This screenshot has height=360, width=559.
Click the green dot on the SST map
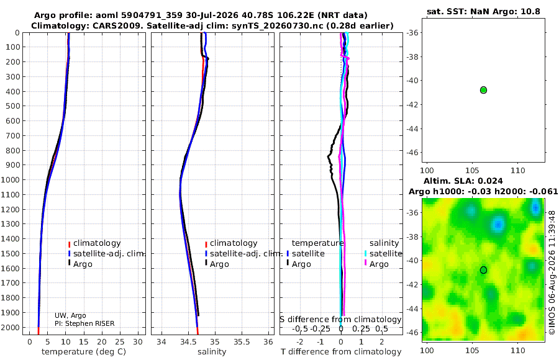(x=483, y=90)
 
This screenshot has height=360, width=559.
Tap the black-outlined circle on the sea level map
(x=483, y=270)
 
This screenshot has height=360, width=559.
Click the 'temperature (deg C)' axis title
(x=84, y=352)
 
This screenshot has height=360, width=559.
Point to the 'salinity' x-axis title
(x=212, y=352)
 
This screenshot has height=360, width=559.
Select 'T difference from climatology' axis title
(x=341, y=352)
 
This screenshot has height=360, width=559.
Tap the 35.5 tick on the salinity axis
(x=242, y=342)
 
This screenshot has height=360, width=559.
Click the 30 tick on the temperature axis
(x=138, y=342)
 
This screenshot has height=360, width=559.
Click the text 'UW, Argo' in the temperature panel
(x=70, y=315)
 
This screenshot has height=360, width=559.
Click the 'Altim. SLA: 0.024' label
(x=463, y=181)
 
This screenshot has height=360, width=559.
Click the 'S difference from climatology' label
(x=340, y=320)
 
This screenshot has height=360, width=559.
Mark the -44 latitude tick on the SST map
(x=413, y=128)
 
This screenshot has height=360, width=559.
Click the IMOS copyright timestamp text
(x=552, y=272)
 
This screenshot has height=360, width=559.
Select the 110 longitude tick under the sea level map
(x=517, y=351)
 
